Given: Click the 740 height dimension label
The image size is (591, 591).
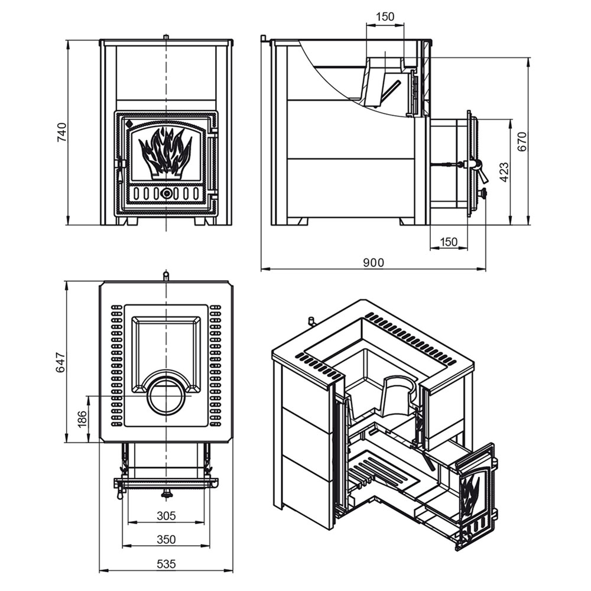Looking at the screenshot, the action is [x=61, y=132].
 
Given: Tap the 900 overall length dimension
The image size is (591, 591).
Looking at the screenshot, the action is [x=373, y=262].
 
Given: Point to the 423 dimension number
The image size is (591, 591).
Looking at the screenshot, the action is [x=504, y=172].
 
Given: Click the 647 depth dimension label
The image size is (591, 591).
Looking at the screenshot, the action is [x=60, y=362].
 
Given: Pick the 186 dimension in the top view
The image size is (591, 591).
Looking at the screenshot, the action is [x=82, y=419].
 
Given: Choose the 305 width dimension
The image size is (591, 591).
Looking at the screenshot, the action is [x=166, y=515].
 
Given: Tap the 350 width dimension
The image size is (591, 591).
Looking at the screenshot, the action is [x=166, y=540].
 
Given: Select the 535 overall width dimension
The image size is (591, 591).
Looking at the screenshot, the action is [x=166, y=564].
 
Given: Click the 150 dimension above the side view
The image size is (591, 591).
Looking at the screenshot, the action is [x=385, y=17].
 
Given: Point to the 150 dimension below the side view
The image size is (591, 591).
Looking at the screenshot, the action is [x=448, y=242].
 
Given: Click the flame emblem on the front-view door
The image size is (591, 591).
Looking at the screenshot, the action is [x=165, y=152].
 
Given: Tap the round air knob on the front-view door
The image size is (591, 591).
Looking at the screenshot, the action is [x=165, y=194].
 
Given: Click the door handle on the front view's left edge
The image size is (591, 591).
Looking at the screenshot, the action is [x=120, y=170].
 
